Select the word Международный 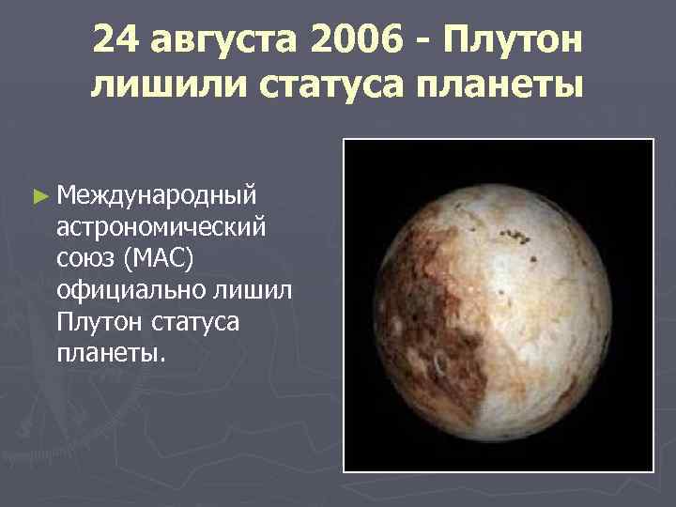coord(155,198)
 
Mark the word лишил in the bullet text coord(250,291)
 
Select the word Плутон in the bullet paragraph coord(99,323)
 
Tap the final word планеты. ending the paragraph coord(111,355)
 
